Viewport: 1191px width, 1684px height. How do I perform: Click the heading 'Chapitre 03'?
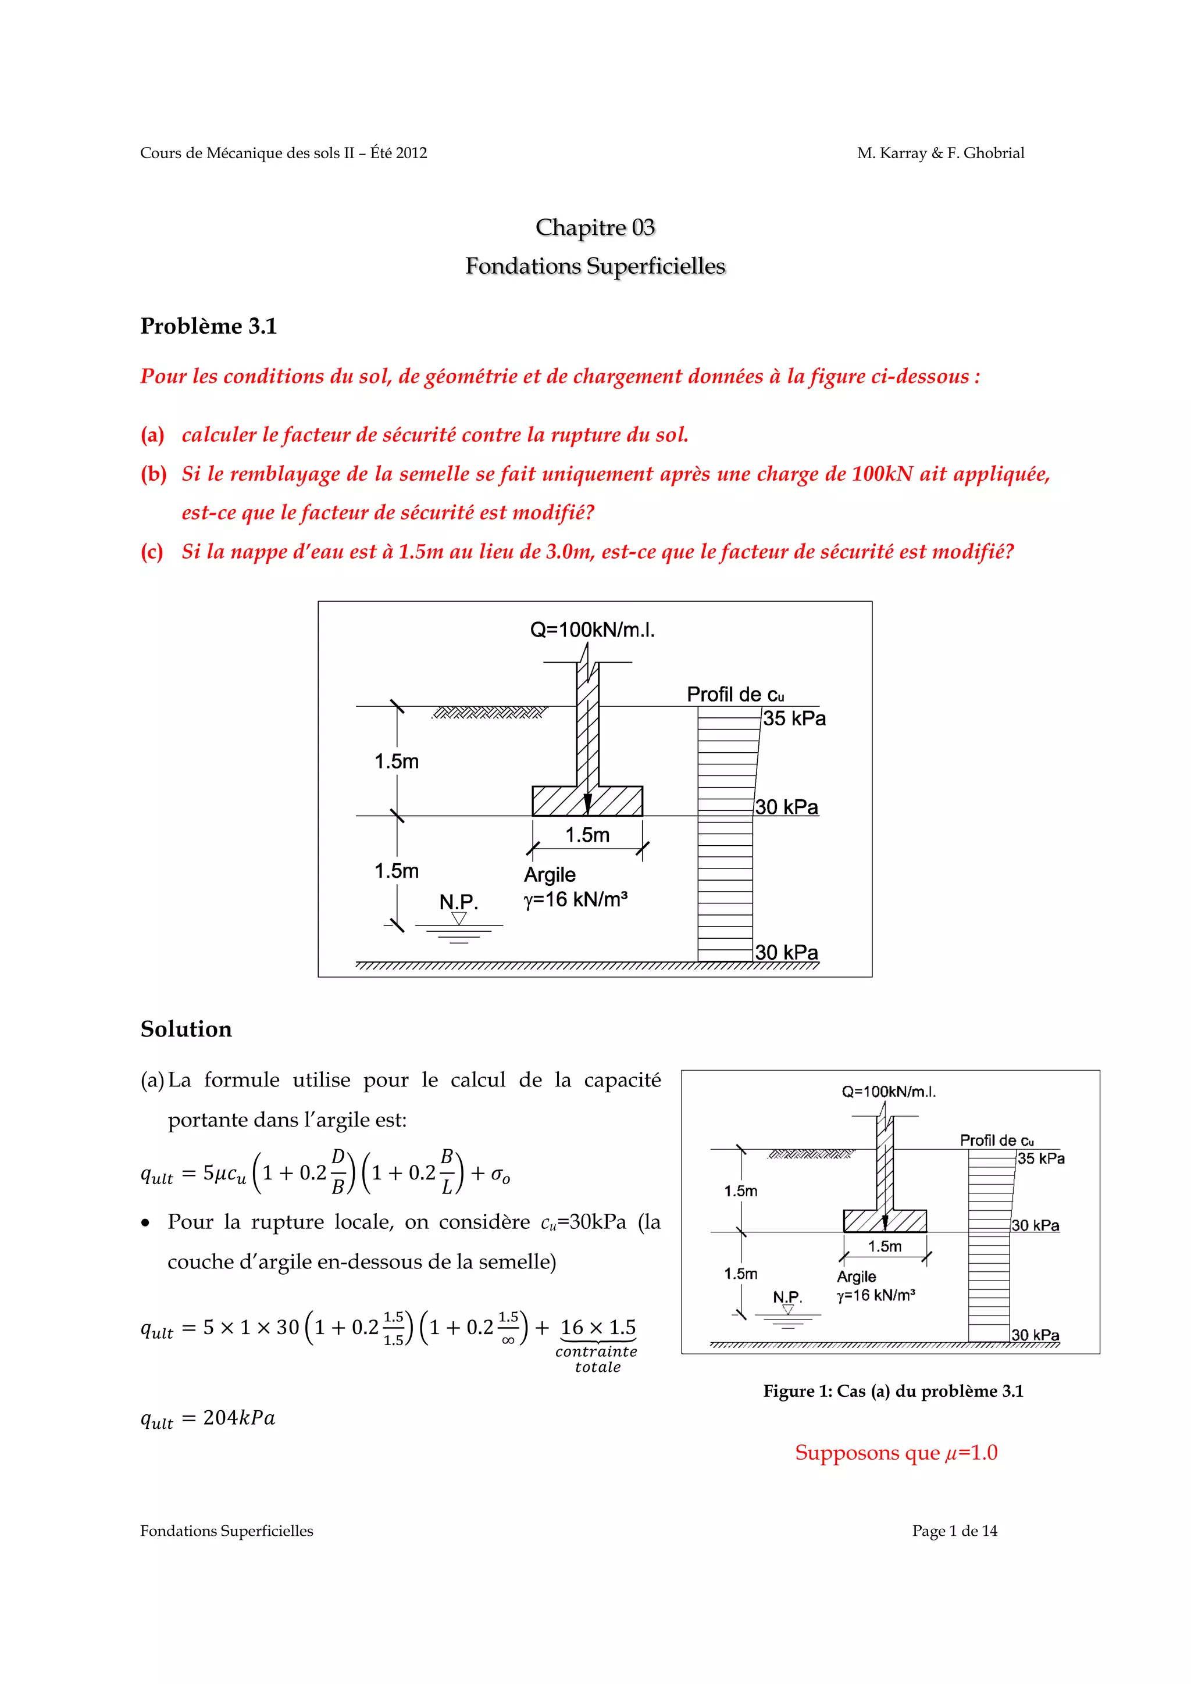pos(594,227)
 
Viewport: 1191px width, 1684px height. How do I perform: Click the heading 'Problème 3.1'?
pos(208,326)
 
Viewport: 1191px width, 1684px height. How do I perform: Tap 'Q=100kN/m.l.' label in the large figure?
pos(592,630)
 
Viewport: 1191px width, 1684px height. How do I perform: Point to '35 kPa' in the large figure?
pos(794,719)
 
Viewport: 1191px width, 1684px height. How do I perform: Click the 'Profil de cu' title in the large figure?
pos(734,695)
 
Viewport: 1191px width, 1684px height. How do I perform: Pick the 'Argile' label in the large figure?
pos(550,875)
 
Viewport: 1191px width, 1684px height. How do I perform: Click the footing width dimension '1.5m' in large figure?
pos(587,835)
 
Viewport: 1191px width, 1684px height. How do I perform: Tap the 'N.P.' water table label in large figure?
pos(459,902)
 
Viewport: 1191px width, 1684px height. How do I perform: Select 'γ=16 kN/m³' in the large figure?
pos(576,899)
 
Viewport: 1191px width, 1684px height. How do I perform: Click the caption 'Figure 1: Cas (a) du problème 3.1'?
pos(893,1392)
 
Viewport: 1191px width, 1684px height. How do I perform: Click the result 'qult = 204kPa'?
pos(208,1418)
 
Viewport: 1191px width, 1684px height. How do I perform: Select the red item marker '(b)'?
pos(154,474)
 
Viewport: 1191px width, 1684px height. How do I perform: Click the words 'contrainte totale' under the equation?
pos(597,1359)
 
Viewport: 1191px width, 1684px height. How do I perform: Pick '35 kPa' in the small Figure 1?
pos(1040,1159)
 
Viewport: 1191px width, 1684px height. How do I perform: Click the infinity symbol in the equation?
pos(508,1340)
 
